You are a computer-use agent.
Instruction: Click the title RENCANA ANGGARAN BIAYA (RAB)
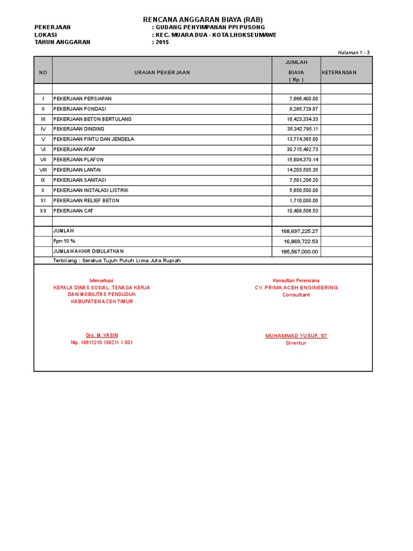pos(202,19)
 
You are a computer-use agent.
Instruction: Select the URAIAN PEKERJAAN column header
pos(162,72)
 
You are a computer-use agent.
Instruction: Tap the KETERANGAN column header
pos(339,72)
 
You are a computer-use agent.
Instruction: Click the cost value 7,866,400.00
pos(304,99)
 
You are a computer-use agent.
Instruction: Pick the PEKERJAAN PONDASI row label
pos(80,109)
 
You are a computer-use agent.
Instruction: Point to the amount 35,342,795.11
pos(303,129)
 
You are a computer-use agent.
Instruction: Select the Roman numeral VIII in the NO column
pos(43,170)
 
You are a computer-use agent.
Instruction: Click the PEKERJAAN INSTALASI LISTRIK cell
pos(91,190)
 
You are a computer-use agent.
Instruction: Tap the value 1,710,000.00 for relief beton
pos(304,201)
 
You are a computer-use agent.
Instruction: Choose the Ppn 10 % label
pos(64,242)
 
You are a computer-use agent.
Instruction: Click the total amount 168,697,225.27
pos(300,231)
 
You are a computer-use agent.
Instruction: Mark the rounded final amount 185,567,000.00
pos(300,252)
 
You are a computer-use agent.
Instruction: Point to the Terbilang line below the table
pos(117,261)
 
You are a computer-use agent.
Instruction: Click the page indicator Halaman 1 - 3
pos(353,52)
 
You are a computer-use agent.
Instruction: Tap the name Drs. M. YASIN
pos(102,335)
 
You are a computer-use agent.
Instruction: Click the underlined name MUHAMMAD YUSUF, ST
pos(296,336)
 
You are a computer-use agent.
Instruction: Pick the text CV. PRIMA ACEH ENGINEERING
pos(296,288)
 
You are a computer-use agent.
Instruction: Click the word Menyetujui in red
pos(102,280)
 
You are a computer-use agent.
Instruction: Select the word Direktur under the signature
pos(296,343)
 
